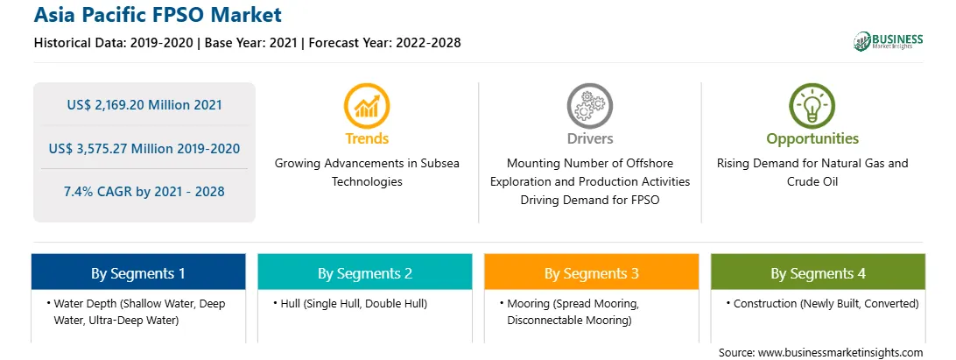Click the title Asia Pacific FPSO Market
point(158,15)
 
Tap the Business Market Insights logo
point(889,41)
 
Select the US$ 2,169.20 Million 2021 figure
point(144,104)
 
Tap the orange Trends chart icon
point(367,106)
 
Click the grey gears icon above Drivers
point(589,106)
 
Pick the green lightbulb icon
point(812,106)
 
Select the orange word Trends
point(367,138)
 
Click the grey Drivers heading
point(590,138)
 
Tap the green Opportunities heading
point(812,139)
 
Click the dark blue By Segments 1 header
point(138,272)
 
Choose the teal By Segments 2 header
point(364,272)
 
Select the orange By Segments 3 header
point(592,272)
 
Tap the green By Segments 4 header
point(819,272)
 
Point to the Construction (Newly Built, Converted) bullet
point(822,304)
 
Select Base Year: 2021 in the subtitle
point(251,43)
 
